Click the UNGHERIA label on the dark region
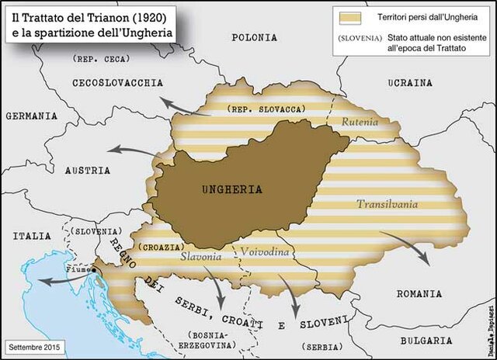[x=231, y=189]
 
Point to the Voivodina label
[x=265, y=253]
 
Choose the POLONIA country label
[x=253, y=36]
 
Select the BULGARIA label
[x=443, y=340]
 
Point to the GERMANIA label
[x=31, y=115]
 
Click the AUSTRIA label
[x=87, y=170]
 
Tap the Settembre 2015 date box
[x=34, y=343]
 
